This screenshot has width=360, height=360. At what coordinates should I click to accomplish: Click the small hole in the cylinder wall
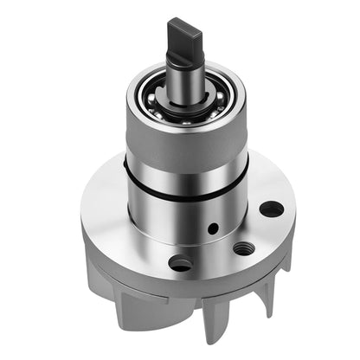click(x=213, y=229)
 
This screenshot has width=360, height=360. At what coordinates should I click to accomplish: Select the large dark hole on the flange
click(x=271, y=209)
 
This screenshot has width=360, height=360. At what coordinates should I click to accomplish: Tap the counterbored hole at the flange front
click(x=181, y=263)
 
